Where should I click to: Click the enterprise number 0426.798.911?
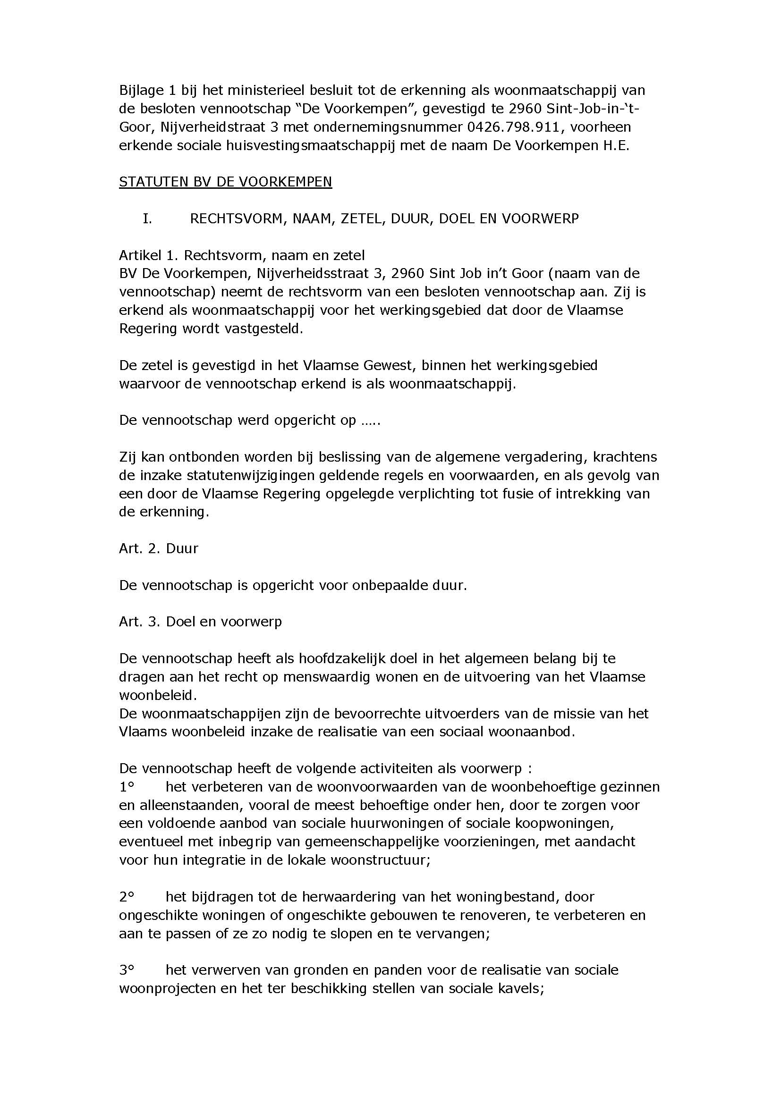pos(513,127)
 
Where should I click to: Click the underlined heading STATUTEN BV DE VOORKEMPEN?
pos(225,182)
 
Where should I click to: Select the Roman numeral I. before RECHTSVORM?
pos(147,219)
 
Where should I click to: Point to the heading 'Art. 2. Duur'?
pos(158,548)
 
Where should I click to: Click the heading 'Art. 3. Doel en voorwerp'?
pos(200,622)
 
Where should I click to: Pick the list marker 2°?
pos(126,897)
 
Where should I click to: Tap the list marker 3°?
pos(126,970)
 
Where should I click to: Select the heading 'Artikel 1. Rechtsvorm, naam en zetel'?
pos(241,255)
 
